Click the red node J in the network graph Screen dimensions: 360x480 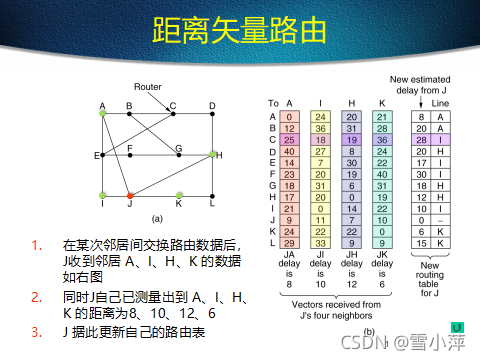(130, 195)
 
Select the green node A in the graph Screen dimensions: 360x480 (102, 113)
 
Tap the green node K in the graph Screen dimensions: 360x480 (179, 195)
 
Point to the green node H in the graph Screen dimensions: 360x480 (212, 155)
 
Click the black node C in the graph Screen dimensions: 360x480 (172, 113)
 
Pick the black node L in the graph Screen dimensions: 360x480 (213, 195)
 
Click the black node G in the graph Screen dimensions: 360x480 (179, 155)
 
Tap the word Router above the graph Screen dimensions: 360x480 (148, 87)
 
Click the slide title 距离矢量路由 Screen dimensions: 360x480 (239, 32)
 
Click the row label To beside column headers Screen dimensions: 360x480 (272, 103)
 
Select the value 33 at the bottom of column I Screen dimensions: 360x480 (320, 243)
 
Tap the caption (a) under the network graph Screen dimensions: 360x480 (156, 217)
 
